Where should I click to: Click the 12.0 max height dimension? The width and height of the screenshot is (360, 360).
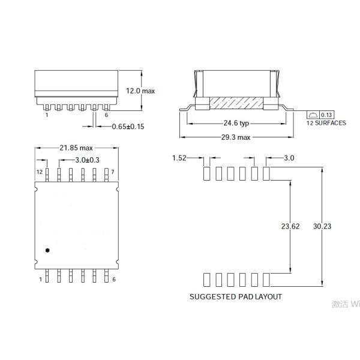point(140,91)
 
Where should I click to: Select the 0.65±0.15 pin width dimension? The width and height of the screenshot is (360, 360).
point(128,127)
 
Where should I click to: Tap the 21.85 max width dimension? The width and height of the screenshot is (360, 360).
point(76,148)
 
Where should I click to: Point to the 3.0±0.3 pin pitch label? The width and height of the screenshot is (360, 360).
point(87,160)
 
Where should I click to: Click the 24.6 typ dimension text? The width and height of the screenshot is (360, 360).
point(236,123)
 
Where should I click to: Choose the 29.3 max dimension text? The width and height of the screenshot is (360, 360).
point(236,137)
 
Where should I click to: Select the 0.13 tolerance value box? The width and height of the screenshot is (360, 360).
point(326,115)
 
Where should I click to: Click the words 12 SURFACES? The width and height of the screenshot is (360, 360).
point(326,123)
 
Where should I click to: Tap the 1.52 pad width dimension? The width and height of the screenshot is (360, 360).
point(179,158)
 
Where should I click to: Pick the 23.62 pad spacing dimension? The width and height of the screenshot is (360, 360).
point(290,226)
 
